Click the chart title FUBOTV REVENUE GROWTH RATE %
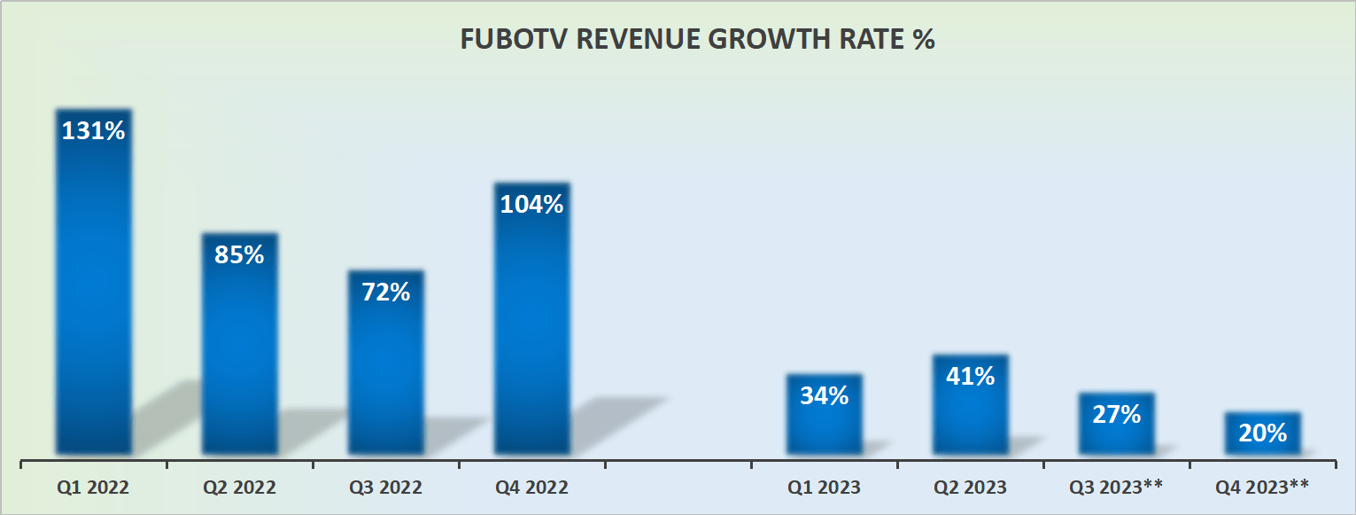pyautogui.click(x=697, y=41)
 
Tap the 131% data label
pyautogui.click(x=93, y=130)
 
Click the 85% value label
pyautogui.click(x=239, y=255)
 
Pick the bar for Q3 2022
pyautogui.click(x=385, y=372)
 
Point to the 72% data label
pyautogui.click(x=385, y=292)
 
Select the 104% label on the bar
pyautogui.click(x=531, y=204)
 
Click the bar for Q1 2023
pyautogui.click(x=824, y=425)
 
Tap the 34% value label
pyautogui.click(x=824, y=395)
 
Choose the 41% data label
pyautogui.click(x=970, y=376)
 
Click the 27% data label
pyautogui.click(x=1116, y=414)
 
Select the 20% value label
pyautogui.click(x=1262, y=433)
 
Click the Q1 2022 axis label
pyautogui.click(x=93, y=488)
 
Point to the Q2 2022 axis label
pyautogui.click(x=239, y=488)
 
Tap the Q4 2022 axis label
pyautogui.click(x=531, y=488)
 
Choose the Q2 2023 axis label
pyautogui.click(x=970, y=488)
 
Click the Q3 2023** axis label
pyautogui.click(x=1116, y=488)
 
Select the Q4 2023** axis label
pyautogui.click(x=1262, y=488)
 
